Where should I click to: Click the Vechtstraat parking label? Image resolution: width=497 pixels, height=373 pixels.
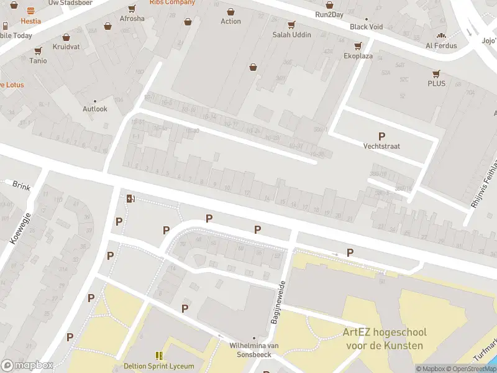pos(381,146)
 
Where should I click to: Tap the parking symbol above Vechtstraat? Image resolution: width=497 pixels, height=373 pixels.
pos(381,136)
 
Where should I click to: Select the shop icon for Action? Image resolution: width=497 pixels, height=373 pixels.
pos(230,12)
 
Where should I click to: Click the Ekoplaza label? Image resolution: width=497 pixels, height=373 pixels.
pos(358,55)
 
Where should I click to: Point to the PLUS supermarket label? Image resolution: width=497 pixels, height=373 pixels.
pos(436,83)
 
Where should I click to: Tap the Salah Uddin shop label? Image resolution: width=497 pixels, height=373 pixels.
pos(291,34)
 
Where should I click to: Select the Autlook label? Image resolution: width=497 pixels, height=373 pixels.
pos(95,109)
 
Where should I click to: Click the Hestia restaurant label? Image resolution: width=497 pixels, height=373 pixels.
pos(30,21)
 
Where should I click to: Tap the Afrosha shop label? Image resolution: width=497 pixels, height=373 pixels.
pos(132,19)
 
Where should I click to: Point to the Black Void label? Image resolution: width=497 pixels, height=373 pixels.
pos(366,27)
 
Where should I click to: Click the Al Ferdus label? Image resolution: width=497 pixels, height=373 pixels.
pos(441,45)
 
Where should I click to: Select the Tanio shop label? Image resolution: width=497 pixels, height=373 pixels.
pos(38,60)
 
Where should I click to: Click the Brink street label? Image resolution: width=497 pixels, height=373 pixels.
pos(21,185)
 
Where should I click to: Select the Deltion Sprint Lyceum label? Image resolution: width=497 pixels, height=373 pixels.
pos(159,366)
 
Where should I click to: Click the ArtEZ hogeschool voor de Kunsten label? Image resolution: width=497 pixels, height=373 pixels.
pos(383,339)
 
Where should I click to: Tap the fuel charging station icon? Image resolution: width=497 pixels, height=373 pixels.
pos(130,199)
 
